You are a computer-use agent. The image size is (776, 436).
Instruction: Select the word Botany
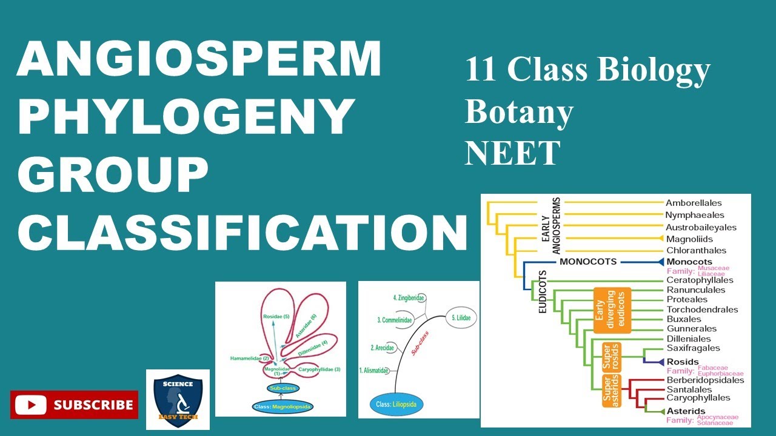point(519,111)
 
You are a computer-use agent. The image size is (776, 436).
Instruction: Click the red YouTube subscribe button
point(74,405)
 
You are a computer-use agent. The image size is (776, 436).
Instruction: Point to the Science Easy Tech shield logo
point(178,400)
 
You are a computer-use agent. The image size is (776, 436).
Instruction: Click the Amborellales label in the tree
point(694,203)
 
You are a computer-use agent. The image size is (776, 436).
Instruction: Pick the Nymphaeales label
point(695,215)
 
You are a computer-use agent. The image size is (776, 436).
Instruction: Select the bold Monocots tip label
point(689,262)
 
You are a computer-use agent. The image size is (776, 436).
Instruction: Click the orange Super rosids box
point(611,357)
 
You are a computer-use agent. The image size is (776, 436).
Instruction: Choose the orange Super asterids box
point(612,391)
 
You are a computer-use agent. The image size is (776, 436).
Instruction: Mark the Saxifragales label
point(693,348)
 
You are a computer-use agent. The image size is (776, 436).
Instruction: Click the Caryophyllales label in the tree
point(698,398)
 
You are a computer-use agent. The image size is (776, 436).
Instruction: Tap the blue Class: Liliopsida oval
point(399,404)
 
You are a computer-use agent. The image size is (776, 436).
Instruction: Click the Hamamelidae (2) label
point(249,358)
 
